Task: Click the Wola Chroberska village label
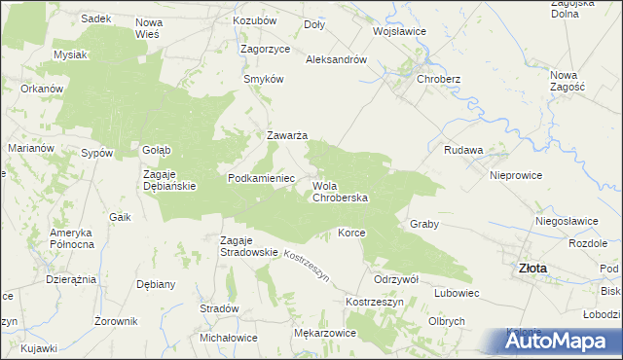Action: (x=340, y=191)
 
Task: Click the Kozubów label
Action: (x=255, y=20)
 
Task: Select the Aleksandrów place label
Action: (x=336, y=59)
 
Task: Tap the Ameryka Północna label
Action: (x=71, y=238)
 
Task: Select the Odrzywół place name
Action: (x=396, y=278)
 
